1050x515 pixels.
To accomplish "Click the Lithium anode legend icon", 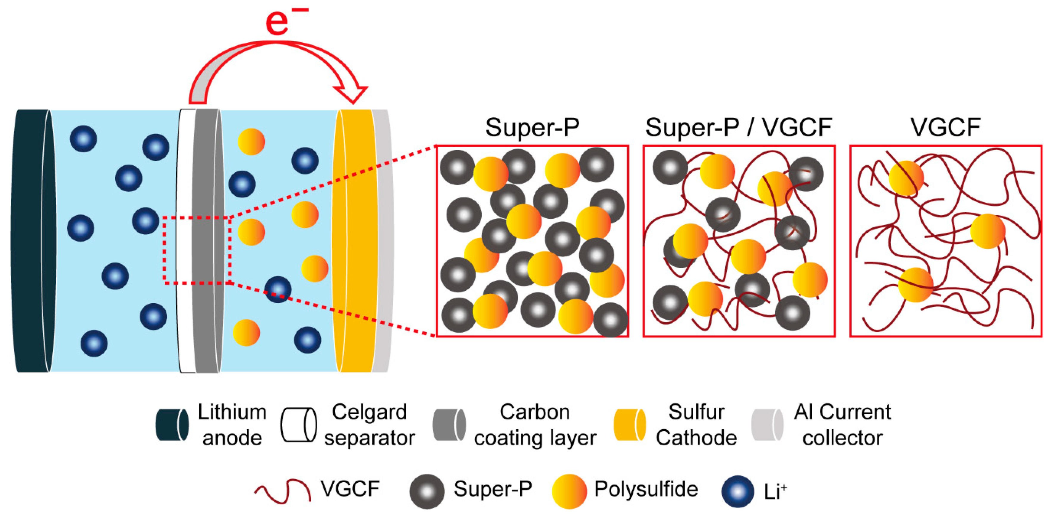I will (x=172, y=425).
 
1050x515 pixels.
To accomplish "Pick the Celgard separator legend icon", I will (x=298, y=425).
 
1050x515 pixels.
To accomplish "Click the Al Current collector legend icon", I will (x=767, y=425).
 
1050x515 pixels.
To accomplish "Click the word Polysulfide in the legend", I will (x=646, y=489).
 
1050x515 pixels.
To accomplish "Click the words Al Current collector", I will (x=842, y=425).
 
